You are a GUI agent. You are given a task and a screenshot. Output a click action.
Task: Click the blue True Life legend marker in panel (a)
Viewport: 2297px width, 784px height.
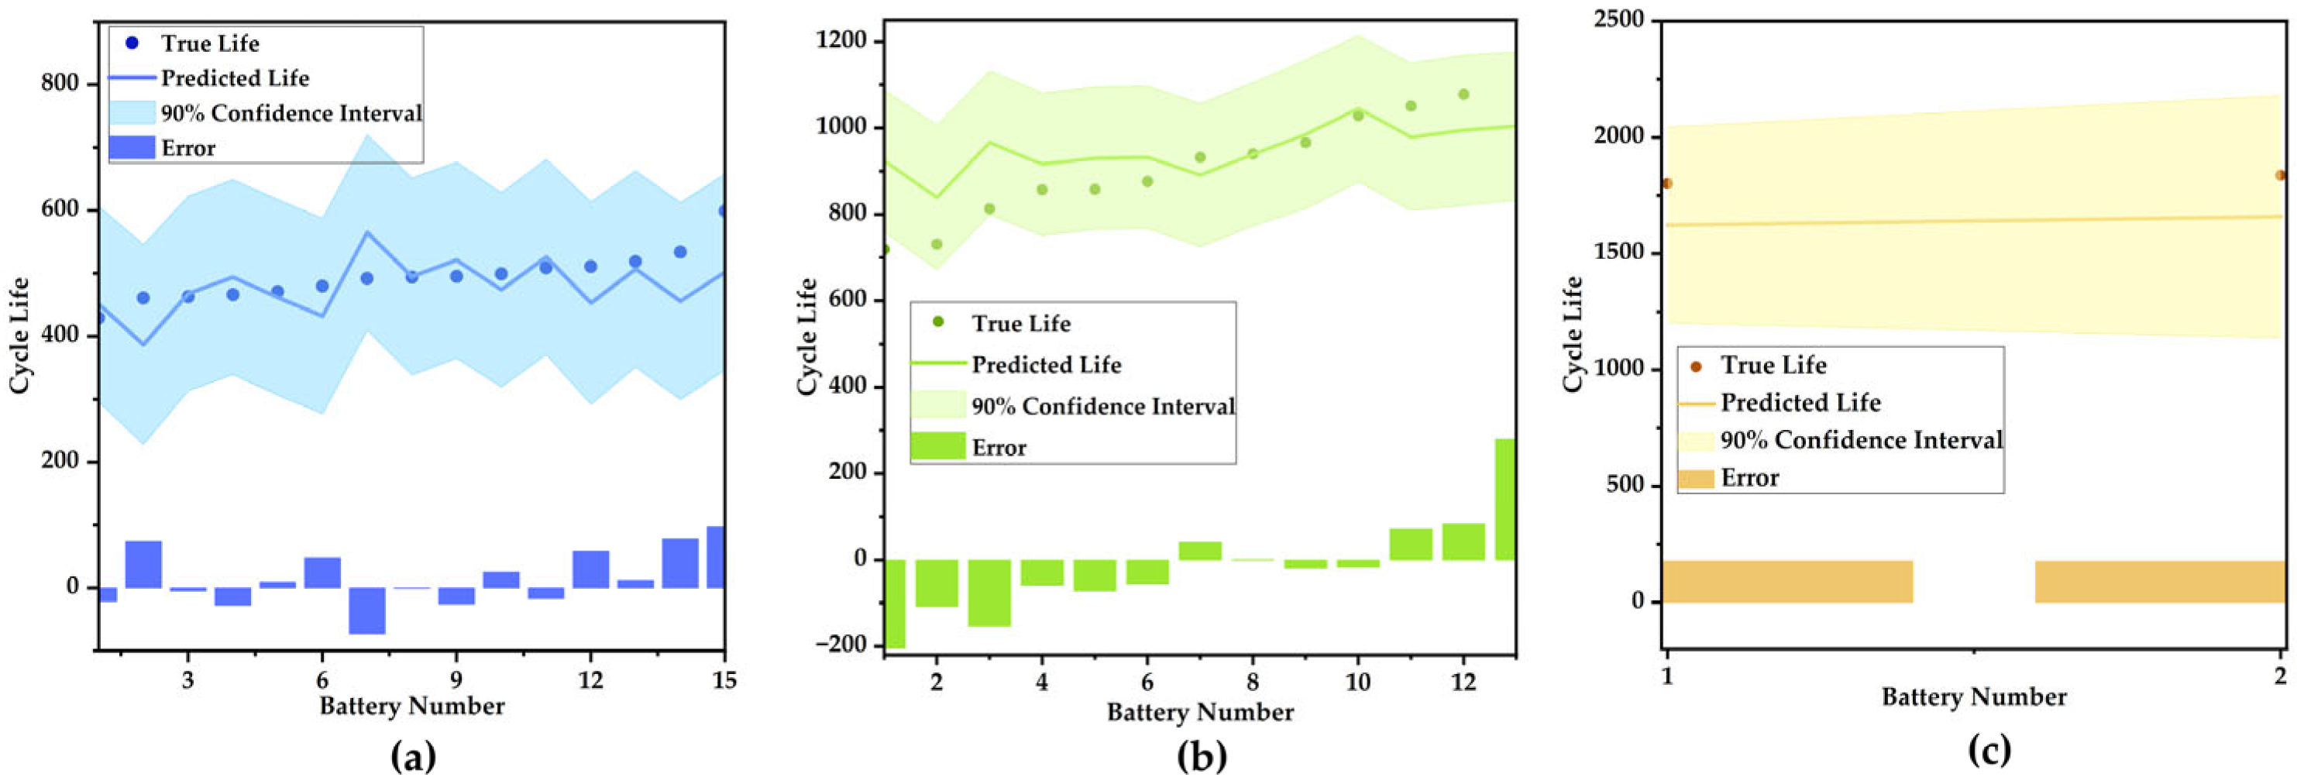132,43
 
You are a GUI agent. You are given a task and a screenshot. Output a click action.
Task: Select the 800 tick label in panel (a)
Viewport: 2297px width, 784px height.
60,84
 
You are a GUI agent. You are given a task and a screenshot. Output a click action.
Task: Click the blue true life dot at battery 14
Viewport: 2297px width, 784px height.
679,253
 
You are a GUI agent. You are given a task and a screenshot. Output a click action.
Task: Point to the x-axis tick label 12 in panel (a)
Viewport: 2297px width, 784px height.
590,680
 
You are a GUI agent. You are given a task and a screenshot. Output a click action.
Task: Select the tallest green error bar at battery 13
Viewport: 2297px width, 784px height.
1504,500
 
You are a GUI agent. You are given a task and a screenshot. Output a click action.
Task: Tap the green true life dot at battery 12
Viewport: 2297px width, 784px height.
1463,95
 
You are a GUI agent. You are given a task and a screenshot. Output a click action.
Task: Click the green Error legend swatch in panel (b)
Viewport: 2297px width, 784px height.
937,446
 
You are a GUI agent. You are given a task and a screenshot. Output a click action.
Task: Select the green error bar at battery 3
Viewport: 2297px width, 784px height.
989,593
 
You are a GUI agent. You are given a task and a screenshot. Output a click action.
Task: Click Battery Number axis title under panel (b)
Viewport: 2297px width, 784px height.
1199,713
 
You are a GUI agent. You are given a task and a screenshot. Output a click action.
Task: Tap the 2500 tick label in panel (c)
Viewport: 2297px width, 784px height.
1618,19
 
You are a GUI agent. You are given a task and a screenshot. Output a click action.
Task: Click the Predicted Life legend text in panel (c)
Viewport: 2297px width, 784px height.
1800,403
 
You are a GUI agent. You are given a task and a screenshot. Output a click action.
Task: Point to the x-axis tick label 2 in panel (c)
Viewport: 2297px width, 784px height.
2280,677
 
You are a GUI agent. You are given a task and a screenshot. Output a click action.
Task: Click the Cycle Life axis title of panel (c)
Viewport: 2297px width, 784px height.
1572,334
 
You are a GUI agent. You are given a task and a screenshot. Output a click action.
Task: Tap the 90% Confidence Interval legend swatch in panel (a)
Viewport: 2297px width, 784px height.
132,113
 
